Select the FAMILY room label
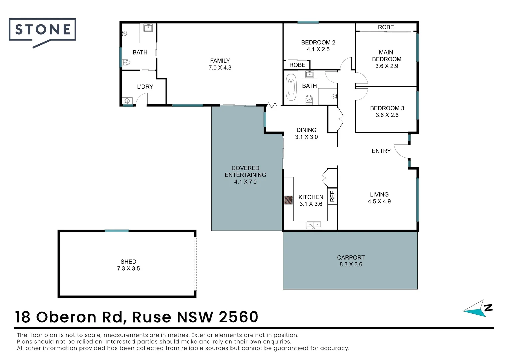pos(220,61)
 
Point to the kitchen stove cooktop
pos(289,200)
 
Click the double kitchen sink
pos(314,225)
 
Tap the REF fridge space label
pos(332,196)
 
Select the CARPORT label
pos(351,257)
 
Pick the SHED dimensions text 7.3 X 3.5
pos(128,269)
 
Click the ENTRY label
pos(381,151)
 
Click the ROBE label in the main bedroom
pos(386,27)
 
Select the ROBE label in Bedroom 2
pos(297,65)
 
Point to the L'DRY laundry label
pos(145,87)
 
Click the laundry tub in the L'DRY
pos(127,101)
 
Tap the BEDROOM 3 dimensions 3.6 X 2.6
pos(387,115)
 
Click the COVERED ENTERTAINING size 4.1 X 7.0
pos(246,182)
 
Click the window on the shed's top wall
pos(117,231)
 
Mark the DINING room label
pos(306,130)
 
